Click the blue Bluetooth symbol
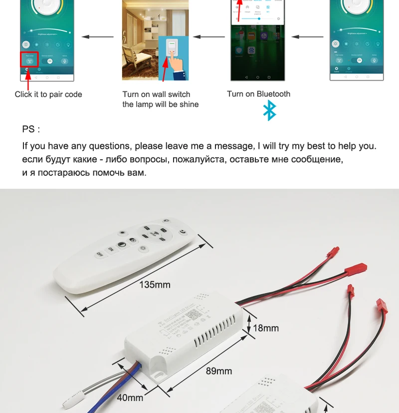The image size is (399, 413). (x=269, y=110)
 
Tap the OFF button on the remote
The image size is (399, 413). (x=99, y=254)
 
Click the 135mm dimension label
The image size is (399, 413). (x=155, y=285)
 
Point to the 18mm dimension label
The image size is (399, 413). (x=266, y=328)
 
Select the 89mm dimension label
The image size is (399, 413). (x=219, y=371)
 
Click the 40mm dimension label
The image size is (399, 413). (x=130, y=398)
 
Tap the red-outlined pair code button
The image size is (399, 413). (x=29, y=59)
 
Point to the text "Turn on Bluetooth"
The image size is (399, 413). (x=258, y=94)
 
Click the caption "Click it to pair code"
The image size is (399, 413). (x=48, y=94)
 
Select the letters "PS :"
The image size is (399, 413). (x=31, y=129)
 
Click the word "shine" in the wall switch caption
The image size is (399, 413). (x=188, y=104)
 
